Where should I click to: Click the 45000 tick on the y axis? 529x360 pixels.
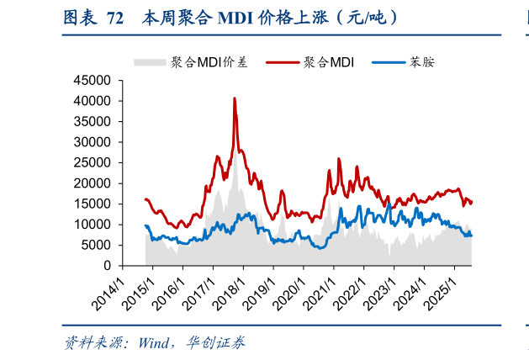point(93,81)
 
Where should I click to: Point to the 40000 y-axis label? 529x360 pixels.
point(93,101)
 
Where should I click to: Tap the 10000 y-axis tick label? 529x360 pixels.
point(93,225)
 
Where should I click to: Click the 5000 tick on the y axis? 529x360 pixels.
point(97,245)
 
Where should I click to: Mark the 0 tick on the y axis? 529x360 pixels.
point(108,266)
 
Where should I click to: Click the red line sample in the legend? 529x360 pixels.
point(283,62)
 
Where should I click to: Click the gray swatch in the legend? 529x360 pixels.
point(151,62)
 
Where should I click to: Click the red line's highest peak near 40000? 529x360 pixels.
point(235,98)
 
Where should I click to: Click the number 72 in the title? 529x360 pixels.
point(116,17)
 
